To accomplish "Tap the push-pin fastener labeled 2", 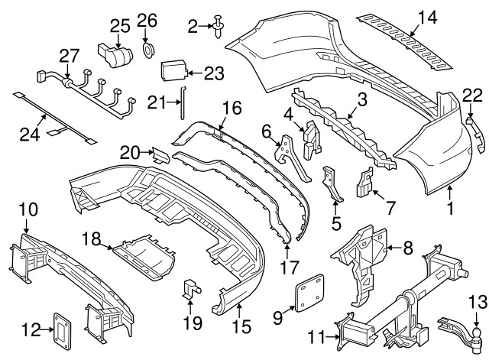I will tap(219, 28).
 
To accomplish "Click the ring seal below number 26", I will tap(147, 50).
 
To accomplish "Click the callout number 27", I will tap(70, 55).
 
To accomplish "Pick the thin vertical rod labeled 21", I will tap(182, 103).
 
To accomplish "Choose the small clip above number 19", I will tap(191, 290).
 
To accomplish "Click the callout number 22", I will tap(473, 95).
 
